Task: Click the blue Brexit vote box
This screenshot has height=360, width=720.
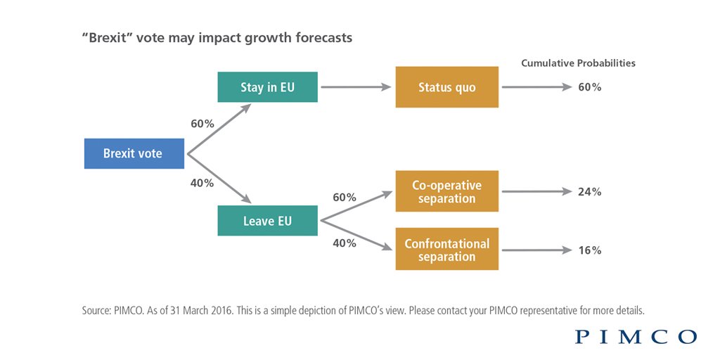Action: click(x=134, y=153)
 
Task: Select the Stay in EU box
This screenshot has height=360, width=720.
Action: click(x=268, y=87)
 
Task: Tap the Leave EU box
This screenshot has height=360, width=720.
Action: click(x=268, y=221)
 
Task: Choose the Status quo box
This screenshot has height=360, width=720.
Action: click(x=446, y=87)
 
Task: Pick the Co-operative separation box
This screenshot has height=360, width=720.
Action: click(x=446, y=191)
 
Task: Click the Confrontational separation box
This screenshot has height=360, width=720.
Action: click(x=446, y=250)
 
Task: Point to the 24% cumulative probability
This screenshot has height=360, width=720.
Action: click(x=589, y=191)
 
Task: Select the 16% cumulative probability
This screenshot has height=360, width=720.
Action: click(x=589, y=250)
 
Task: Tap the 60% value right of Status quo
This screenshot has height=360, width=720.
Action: click(x=589, y=87)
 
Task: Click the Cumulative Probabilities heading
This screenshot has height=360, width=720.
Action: click(x=578, y=63)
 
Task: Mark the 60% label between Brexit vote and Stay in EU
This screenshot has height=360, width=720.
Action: click(x=202, y=124)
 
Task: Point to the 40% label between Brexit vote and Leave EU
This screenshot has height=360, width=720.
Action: click(x=202, y=184)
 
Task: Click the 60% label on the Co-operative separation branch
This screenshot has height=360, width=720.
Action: click(x=344, y=198)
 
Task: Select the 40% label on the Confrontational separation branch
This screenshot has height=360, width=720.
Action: click(x=344, y=243)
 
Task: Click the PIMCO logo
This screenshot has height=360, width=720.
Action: click(x=636, y=337)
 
